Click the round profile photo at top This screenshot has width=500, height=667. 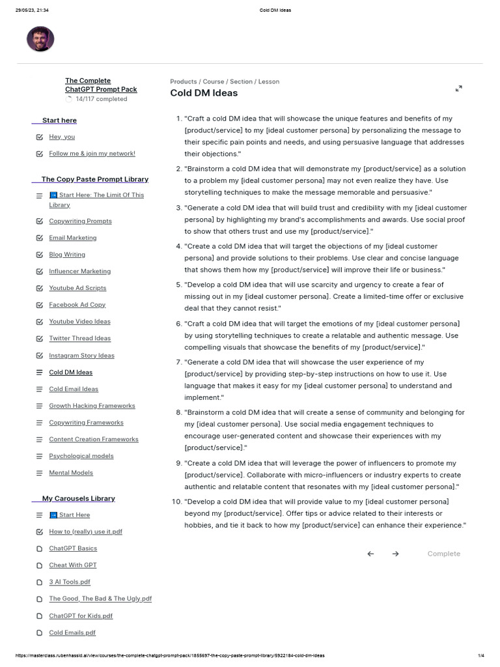pos(40,39)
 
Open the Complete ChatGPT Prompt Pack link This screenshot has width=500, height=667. pos(101,85)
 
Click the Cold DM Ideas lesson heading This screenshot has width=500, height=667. pos(204,93)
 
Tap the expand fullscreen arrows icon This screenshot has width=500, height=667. pos(458,89)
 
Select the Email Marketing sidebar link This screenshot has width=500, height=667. pos(72,238)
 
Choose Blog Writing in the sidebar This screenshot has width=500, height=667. pos(67,255)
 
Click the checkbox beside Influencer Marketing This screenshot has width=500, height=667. pos(40,272)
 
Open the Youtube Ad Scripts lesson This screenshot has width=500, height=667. pos(77,288)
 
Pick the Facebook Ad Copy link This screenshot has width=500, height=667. pos(77,305)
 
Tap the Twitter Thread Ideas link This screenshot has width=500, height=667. pos(79,338)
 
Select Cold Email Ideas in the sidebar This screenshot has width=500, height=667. pos(74,389)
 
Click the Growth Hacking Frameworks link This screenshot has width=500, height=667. pos(92,406)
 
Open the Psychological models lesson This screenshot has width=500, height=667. pos(81,456)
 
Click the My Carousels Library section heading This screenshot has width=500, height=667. pos(78,498)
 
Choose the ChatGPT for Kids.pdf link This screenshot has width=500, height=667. pos(81,616)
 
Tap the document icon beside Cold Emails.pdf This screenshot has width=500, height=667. pos(40,632)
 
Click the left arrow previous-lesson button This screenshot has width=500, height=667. pos(370,554)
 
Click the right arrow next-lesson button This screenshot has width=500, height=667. pos(395,554)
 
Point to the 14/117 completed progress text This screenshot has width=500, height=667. pos(101,99)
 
